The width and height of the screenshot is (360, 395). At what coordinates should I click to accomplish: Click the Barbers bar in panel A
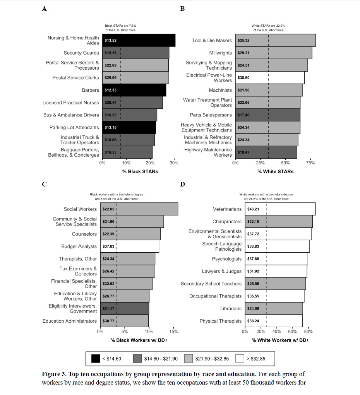pos(134,90)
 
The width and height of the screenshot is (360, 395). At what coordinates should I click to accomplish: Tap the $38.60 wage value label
pos(243,78)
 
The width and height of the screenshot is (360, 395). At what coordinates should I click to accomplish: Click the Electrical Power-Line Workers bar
pos(269,78)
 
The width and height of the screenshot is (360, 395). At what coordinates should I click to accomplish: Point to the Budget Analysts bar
pos(129,246)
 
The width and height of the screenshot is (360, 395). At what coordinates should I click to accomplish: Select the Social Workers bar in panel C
pos(139,209)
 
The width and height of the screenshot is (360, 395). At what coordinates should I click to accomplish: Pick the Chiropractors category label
pos(227,222)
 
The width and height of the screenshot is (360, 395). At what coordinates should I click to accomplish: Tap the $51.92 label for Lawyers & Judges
pos(253,271)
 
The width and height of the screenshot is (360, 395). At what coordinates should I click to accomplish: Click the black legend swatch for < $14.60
pos(95,359)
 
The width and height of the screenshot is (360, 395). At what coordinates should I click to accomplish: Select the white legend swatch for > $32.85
pos(240,359)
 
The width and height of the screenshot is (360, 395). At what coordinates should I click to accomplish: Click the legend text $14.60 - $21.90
pos(161,359)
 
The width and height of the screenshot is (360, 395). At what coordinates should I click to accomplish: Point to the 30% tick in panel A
pos(174,163)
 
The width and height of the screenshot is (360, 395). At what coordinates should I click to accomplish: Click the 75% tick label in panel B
pos(310,163)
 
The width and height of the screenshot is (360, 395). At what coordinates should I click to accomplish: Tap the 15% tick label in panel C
pos(174,332)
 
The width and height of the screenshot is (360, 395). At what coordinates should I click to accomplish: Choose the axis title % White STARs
pos(275,171)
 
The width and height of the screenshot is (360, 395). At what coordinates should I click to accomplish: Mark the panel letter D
pos(182,184)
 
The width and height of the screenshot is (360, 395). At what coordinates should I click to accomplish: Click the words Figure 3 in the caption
pos(55,374)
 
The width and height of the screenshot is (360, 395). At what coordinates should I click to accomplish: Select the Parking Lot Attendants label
pos(74,127)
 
